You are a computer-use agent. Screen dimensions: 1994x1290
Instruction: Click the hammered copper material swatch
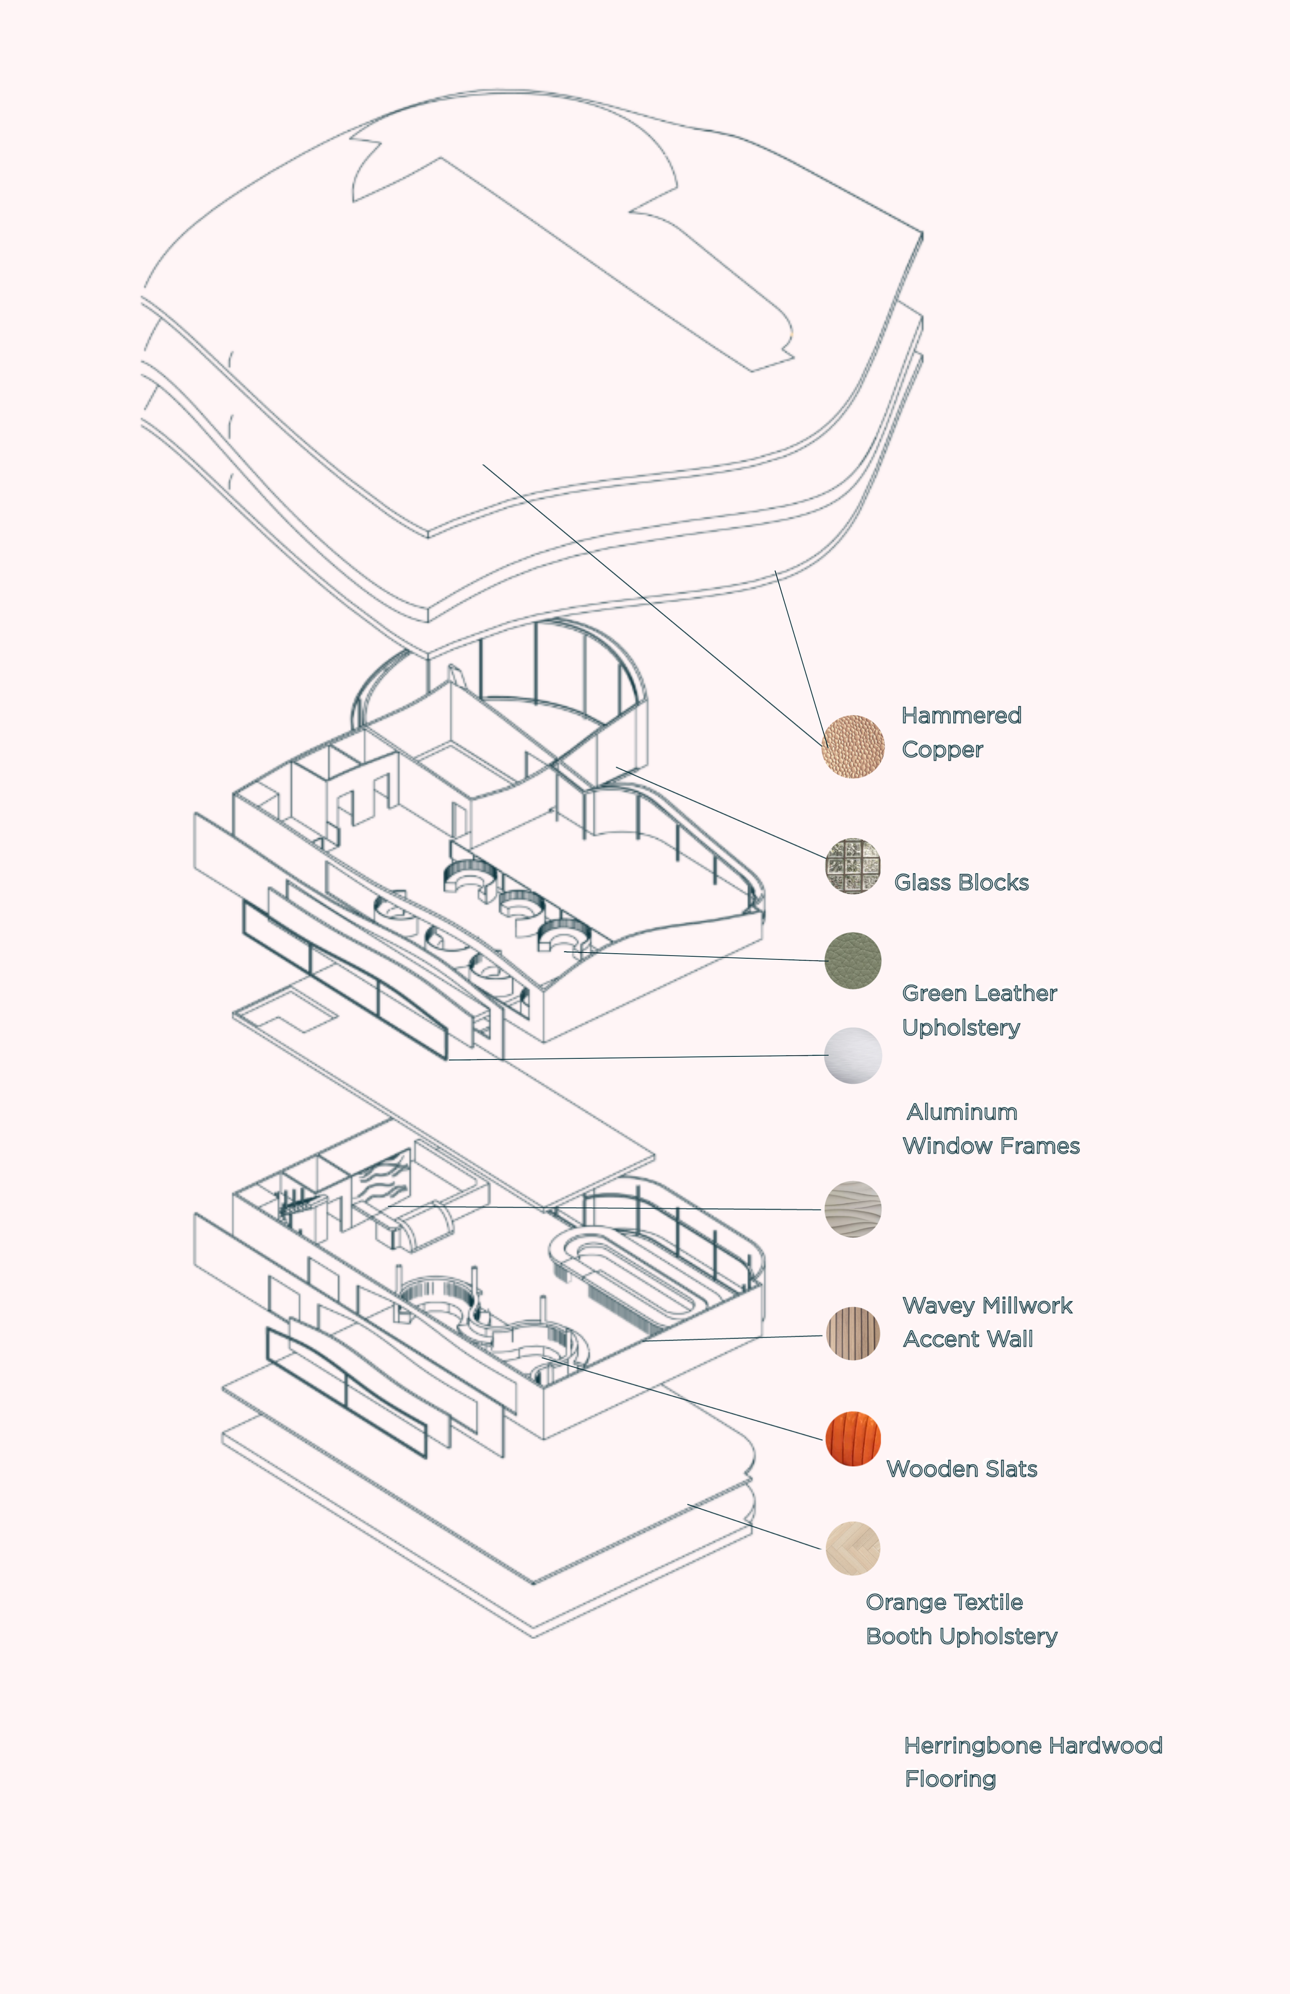853,747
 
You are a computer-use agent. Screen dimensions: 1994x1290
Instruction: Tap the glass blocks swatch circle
853,866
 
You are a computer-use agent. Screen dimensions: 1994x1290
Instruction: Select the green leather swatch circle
853,961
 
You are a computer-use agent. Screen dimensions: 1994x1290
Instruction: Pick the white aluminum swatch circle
853,1056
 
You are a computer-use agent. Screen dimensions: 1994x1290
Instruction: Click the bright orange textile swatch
853,1439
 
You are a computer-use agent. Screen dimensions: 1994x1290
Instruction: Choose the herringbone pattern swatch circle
853,1548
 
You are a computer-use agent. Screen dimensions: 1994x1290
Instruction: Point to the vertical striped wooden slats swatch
853,1333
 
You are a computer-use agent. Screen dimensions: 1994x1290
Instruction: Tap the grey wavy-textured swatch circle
853,1209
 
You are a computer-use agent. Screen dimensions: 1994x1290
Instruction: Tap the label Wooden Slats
962,1469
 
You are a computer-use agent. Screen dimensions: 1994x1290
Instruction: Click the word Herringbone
973,1746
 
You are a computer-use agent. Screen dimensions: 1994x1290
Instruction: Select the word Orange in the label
898,1603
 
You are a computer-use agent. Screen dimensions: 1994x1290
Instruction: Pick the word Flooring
950,1779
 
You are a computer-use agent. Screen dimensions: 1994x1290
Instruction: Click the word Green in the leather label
934,994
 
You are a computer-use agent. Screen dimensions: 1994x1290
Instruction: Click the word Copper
942,750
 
